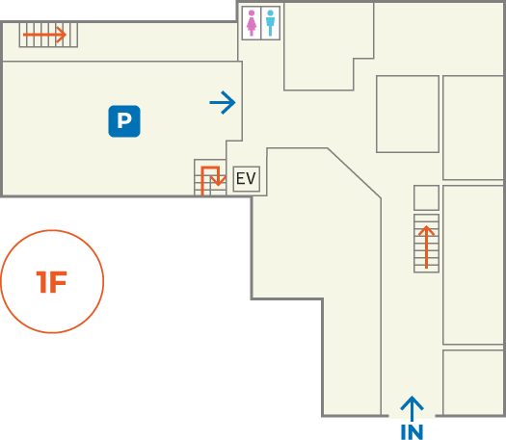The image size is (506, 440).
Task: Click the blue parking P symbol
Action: click(124, 121)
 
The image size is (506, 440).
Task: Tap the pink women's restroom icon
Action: click(252, 23)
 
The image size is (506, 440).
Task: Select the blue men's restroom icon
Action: click(270, 23)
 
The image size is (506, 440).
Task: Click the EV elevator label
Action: click(246, 178)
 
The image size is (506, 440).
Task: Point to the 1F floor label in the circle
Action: click(52, 282)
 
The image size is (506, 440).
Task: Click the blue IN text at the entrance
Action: click(412, 432)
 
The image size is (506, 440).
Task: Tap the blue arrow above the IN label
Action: click(412, 409)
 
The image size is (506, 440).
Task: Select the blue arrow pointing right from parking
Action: click(223, 102)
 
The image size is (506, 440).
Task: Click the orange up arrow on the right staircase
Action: click(426, 246)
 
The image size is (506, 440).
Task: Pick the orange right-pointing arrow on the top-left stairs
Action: click(44, 35)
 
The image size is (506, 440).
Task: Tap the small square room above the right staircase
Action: click(426, 198)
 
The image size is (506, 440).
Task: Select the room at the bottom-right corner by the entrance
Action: click(473, 382)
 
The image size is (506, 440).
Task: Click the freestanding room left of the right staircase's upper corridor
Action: click(408, 115)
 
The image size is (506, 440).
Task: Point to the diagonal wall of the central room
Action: click(355, 173)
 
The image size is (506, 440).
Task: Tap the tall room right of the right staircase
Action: click(473, 265)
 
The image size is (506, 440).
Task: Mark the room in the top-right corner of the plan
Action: click(439, 39)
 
